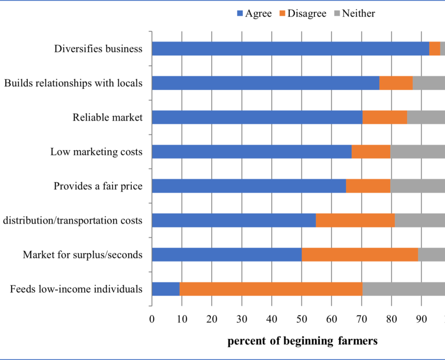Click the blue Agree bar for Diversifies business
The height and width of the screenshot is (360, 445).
(290, 49)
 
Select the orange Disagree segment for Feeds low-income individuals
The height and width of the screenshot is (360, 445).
(271, 289)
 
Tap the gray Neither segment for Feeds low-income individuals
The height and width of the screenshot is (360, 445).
(403, 289)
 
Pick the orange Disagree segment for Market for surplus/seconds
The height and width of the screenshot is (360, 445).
(360, 255)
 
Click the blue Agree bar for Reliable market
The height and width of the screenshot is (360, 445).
(257, 117)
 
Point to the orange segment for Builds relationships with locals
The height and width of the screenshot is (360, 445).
(395, 83)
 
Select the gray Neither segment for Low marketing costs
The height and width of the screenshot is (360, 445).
(418, 152)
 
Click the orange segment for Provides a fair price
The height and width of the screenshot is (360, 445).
(368, 186)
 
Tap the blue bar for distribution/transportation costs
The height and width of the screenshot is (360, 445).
(234, 221)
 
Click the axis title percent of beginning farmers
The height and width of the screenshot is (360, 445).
(302, 342)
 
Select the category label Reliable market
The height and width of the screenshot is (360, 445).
(107, 117)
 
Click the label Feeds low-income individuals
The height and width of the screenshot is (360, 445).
(76, 289)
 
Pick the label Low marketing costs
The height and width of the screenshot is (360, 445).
(96, 152)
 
